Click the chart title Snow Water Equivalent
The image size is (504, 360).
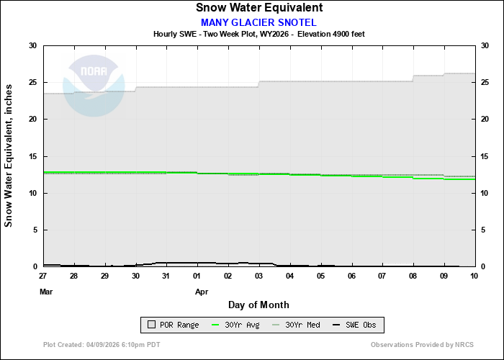259,8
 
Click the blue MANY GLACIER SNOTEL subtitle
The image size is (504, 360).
258,22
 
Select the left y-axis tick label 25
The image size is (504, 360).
32,82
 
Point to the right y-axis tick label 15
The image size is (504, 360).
485,156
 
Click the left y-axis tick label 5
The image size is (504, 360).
35,230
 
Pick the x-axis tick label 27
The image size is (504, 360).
43,276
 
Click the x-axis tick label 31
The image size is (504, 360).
166,276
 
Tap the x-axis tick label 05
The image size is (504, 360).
320,276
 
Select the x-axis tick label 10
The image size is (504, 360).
474,276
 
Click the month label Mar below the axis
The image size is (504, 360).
46,292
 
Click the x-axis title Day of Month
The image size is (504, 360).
258,305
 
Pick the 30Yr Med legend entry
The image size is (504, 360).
297,325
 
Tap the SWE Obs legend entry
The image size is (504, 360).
357,325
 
